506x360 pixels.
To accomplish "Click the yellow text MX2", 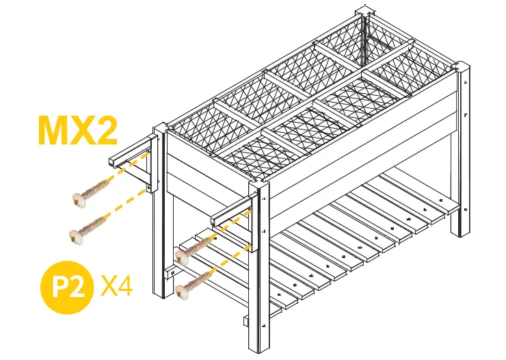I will click(x=77, y=131).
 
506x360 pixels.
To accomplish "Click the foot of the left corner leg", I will click(x=161, y=294).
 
